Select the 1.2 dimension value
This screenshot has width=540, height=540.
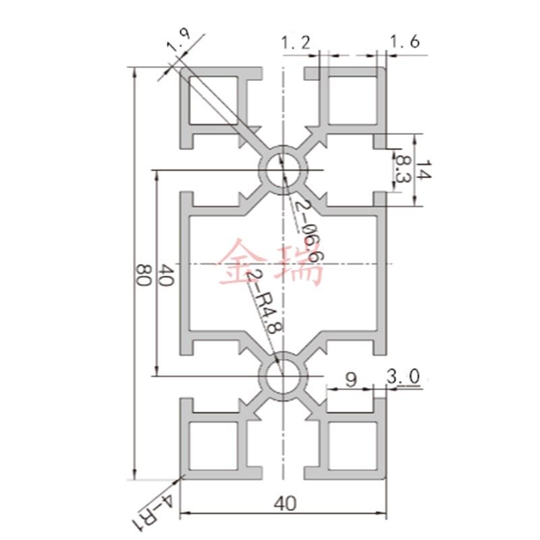295,43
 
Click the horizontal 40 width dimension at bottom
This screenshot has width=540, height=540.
286,503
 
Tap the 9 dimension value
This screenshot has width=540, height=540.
350,379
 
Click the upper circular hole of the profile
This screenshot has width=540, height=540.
283,169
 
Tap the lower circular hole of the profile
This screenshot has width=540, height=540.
283,373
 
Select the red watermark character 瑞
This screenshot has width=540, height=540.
304,263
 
